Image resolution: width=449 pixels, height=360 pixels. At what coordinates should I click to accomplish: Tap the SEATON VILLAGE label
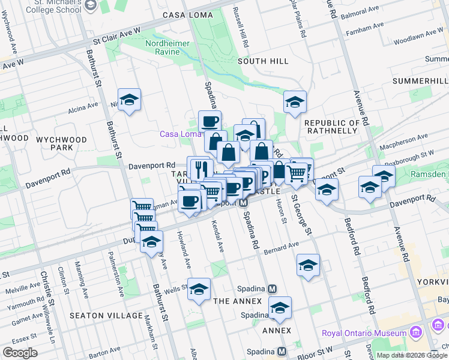pos(106,316)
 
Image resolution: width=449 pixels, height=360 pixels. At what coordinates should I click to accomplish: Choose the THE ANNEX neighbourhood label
pos(238,301)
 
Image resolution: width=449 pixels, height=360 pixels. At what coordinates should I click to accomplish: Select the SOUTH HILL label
pos(263,61)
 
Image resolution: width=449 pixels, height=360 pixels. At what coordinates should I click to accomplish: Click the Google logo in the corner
pos(19,353)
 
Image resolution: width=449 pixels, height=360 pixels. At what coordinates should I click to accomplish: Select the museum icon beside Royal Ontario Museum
pos(415,332)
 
